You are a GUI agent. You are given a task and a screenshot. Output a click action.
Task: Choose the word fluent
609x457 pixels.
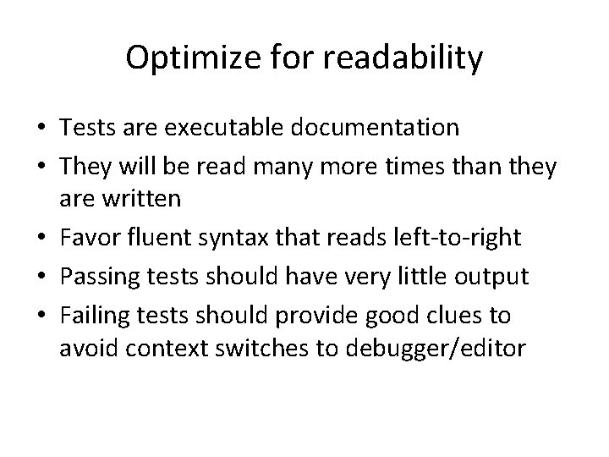[x=156, y=240]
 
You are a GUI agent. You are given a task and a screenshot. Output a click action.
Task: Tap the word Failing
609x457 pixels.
[x=92, y=316]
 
